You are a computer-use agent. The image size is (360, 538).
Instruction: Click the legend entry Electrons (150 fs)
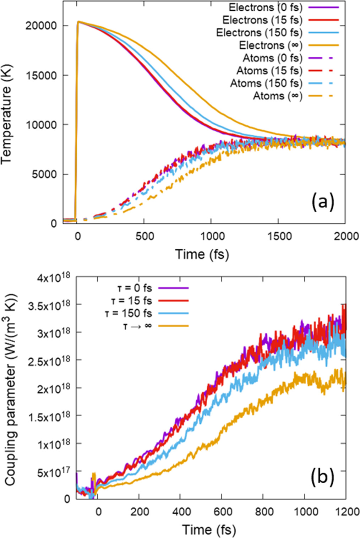point(259,33)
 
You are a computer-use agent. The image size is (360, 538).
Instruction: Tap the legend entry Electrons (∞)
point(271,45)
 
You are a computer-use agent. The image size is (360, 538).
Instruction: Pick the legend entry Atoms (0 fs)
point(272,58)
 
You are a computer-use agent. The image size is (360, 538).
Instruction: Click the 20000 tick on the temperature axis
point(41,26)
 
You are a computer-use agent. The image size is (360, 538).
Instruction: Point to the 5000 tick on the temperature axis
point(44,174)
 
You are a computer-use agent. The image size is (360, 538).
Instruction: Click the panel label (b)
point(322,477)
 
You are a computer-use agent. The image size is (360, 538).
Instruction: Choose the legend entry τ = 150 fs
point(128,314)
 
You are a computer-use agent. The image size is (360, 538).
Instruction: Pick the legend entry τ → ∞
point(137,326)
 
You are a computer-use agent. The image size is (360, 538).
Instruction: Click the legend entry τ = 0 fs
point(134,288)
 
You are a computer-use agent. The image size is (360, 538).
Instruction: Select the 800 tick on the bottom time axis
point(263,512)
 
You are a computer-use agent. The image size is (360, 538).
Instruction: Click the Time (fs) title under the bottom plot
point(209,530)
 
